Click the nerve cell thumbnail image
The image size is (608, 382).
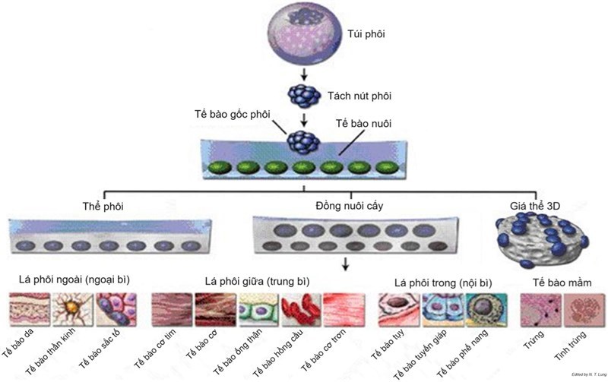[72, 311]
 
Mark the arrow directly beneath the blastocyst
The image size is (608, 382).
[304, 74]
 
